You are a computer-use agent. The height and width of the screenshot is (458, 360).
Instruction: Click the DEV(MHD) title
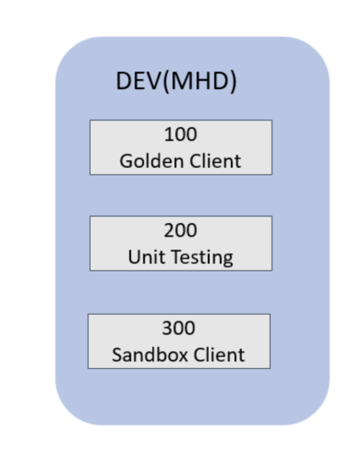tap(175, 82)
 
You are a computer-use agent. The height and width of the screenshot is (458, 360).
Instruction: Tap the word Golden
tap(149, 160)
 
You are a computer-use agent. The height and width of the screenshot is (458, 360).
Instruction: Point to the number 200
tap(180, 232)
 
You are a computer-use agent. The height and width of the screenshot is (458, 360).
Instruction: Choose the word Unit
tap(144, 256)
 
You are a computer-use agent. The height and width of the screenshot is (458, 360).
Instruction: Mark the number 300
tap(178, 329)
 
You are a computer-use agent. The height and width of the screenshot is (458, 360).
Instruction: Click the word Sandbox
tap(146, 354)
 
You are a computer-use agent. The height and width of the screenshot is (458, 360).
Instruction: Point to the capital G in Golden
tap(126, 160)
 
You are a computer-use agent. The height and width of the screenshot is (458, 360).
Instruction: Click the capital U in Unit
tap(134, 256)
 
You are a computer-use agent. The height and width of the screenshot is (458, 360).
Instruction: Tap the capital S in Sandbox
tap(118, 354)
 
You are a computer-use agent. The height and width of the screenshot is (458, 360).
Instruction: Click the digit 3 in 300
tap(166, 329)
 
